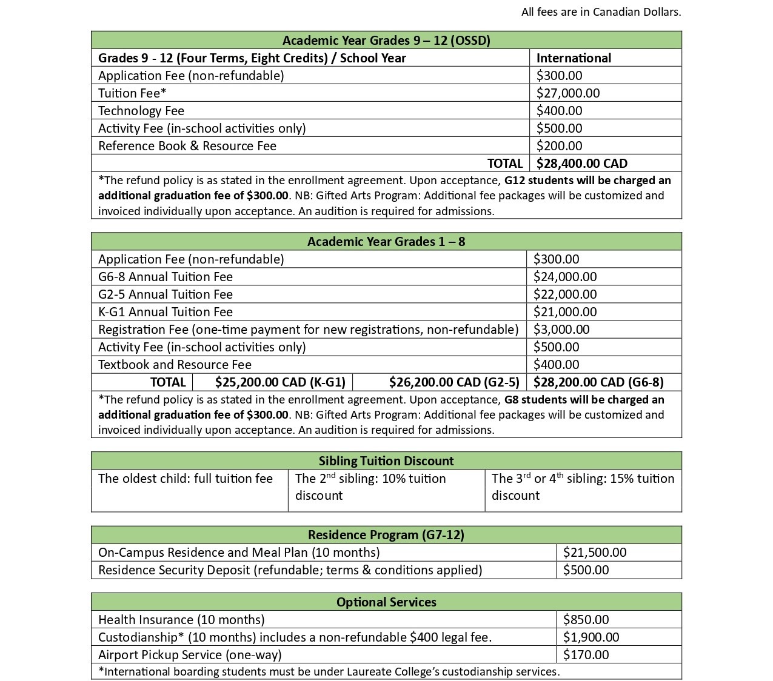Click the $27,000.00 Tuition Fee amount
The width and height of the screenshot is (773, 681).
(567, 93)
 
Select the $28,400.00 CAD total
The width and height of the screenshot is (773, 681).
(581, 163)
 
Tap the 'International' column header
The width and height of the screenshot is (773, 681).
(574, 58)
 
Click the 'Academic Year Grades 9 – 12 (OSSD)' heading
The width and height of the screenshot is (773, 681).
(386, 40)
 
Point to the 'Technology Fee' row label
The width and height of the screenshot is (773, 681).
(141, 110)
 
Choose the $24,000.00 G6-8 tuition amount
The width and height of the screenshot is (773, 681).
(564, 276)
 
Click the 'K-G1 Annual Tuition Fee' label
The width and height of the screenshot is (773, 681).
(165, 311)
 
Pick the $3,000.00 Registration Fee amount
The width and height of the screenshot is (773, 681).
(561, 329)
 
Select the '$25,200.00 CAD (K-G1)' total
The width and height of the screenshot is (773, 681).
(280, 382)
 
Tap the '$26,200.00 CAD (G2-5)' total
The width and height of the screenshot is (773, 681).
(454, 382)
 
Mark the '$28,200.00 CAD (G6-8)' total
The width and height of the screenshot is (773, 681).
(598, 382)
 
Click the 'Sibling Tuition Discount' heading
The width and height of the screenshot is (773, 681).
(386, 460)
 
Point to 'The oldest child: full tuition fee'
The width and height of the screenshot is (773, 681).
(185, 478)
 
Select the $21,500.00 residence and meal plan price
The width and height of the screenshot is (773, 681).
(594, 552)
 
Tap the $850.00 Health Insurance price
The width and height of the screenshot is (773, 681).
(586, 619)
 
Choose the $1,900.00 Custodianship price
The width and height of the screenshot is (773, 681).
(591, 637)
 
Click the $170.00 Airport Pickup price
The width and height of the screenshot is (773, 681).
(586, 654)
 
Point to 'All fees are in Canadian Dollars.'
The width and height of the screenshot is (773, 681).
(601, 12)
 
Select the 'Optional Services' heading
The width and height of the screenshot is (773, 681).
(386, 602)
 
